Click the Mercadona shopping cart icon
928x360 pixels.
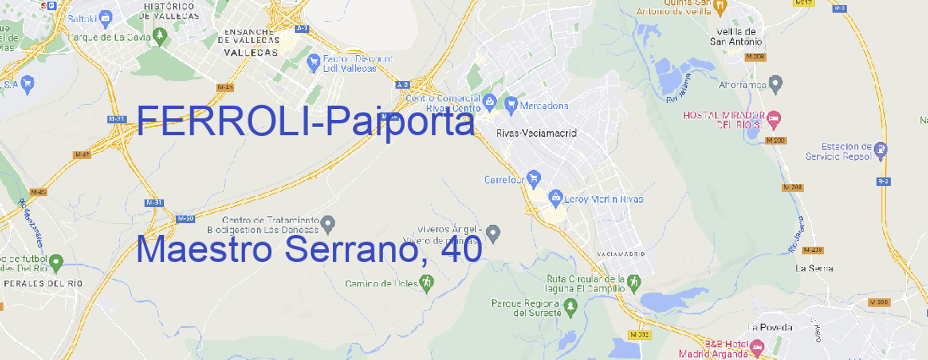510,105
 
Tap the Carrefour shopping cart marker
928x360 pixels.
535,178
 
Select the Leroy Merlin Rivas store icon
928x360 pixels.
555,198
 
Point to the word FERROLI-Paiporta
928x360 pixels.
306,123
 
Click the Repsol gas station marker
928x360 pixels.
882,150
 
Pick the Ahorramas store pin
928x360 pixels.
777,83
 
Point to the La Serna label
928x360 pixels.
815,268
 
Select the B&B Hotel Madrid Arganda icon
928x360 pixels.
756,346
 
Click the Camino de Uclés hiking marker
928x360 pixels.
426,282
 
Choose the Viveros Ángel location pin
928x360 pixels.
494,232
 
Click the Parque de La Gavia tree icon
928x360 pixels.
58,36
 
